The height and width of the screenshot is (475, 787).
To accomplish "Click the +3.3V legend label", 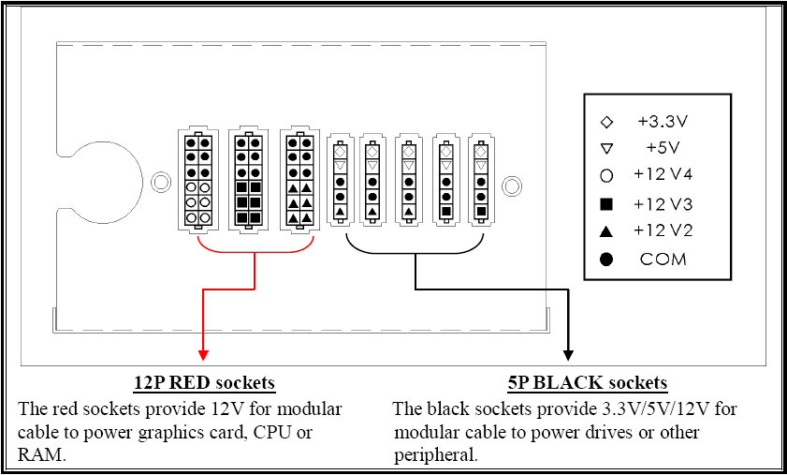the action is coord(663,122).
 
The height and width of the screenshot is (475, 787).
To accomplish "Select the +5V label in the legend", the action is coord(663,148).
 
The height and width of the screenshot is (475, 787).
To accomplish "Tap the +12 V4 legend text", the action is coord(663,174).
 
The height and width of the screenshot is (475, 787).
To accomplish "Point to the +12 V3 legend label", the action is coord(663,204).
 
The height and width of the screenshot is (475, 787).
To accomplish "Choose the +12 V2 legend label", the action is coord(663,230).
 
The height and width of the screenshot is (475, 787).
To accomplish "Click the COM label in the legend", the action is coord(663,260).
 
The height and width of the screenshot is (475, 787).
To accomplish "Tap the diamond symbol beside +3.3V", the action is coord(606,122).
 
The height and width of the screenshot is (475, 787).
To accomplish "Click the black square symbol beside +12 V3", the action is coord(606,204).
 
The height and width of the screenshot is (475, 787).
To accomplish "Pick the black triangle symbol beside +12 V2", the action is coord(606,231).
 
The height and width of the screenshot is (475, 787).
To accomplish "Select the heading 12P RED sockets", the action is coord(204,383).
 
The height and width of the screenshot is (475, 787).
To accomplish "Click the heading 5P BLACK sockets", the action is coord(588,383).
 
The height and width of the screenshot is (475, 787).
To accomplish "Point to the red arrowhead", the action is coord(203,355).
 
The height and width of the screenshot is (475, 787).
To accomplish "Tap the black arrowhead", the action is coord(568,355).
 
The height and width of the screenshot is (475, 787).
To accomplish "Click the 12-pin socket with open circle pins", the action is coord(198,180).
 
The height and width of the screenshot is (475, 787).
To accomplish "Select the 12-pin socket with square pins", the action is coord(248,180).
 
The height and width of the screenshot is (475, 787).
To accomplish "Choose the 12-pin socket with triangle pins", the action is coord(299,180).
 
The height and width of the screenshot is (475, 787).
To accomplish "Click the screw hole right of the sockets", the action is coord(512,186).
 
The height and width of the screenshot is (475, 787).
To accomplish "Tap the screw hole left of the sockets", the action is coord(161,182).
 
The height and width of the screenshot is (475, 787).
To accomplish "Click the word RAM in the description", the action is coord(41,455).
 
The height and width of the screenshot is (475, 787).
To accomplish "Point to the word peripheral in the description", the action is coord(435,456).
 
